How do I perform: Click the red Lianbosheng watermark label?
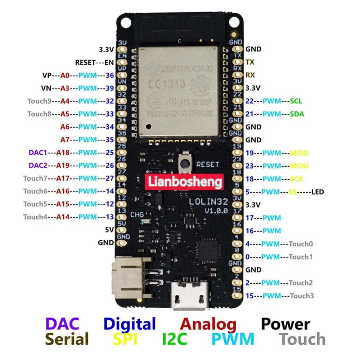click(x=184, y=182)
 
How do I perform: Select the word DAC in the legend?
click(x=62, y=323)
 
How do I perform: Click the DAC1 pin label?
click(x=38, y=153)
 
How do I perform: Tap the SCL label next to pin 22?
click(x=296, y=101)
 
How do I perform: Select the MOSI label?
click(x=299, y=166)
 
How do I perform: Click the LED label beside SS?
click(x=318, y=192)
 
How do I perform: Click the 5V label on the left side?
click(x=109, y=230)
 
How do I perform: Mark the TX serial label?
click(x=250, y=62)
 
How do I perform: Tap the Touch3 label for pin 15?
click(x=302, y=296)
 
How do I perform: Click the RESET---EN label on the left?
click(x=94, y=62)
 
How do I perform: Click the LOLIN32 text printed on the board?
click(x=204, y=202)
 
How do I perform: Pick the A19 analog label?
click(x=63, y=166)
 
